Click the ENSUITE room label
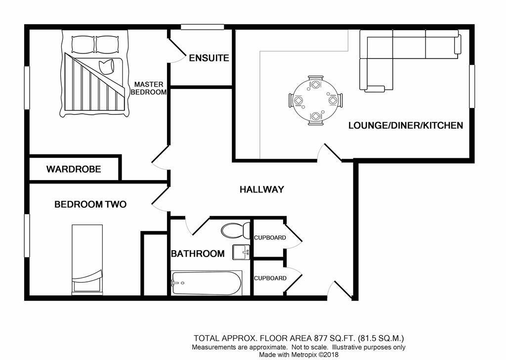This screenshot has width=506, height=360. [x=209, y=58]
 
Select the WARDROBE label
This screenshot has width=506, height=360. [x=74, y=169]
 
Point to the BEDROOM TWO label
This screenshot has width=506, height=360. [x=90, y=204]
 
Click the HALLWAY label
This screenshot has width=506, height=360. [x=261, y=189]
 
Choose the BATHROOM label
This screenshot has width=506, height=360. [x=198, y=254]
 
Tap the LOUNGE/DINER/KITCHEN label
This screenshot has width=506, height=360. [x=406, y=125]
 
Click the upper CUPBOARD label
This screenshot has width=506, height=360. [x=270, y=238]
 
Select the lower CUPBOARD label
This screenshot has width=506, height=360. [x=270, y=278]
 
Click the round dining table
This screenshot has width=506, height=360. [x=315, y=100]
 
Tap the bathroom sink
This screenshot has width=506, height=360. [x=242, y=252]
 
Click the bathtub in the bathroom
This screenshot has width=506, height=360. [x=207, y=283]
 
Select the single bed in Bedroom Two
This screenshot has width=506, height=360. [x=87, y=260]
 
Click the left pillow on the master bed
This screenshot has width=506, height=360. [x=82, y=45]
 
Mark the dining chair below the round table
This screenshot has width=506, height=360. [x=315, y=117]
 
